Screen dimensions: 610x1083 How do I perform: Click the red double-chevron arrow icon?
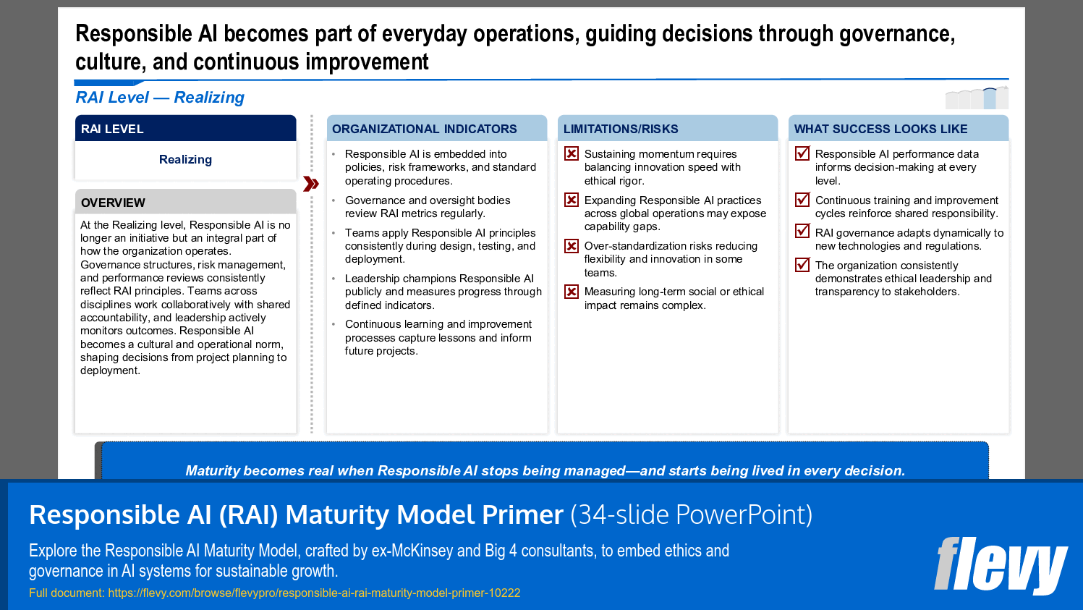(311, 184)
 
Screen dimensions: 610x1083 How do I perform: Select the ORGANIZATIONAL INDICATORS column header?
(425, 129)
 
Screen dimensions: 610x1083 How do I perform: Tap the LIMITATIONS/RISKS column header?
(621, 129)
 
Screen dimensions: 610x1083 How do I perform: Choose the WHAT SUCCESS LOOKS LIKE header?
(880, 129)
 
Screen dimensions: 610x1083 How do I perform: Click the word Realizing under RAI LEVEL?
(185, 159)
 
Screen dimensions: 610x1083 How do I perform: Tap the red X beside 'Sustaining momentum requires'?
(572, 153)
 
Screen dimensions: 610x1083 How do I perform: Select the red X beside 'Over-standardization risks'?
(572, 246)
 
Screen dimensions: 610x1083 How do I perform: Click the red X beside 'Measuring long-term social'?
(572, 292)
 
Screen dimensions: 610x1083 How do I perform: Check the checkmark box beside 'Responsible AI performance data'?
(802, 153)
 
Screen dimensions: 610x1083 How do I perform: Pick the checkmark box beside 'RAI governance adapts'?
(802, 232)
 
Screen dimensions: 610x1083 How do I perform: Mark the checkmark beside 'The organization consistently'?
(802, 265)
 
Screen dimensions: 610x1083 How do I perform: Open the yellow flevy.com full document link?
(314, 593)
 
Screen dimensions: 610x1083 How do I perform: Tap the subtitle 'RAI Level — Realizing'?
(160, 97)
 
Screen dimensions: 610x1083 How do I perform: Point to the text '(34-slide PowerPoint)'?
(691, 514)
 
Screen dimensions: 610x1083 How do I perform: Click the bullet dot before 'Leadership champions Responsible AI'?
(334, 279)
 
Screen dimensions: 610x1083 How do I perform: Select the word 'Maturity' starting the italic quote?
(213, 470)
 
